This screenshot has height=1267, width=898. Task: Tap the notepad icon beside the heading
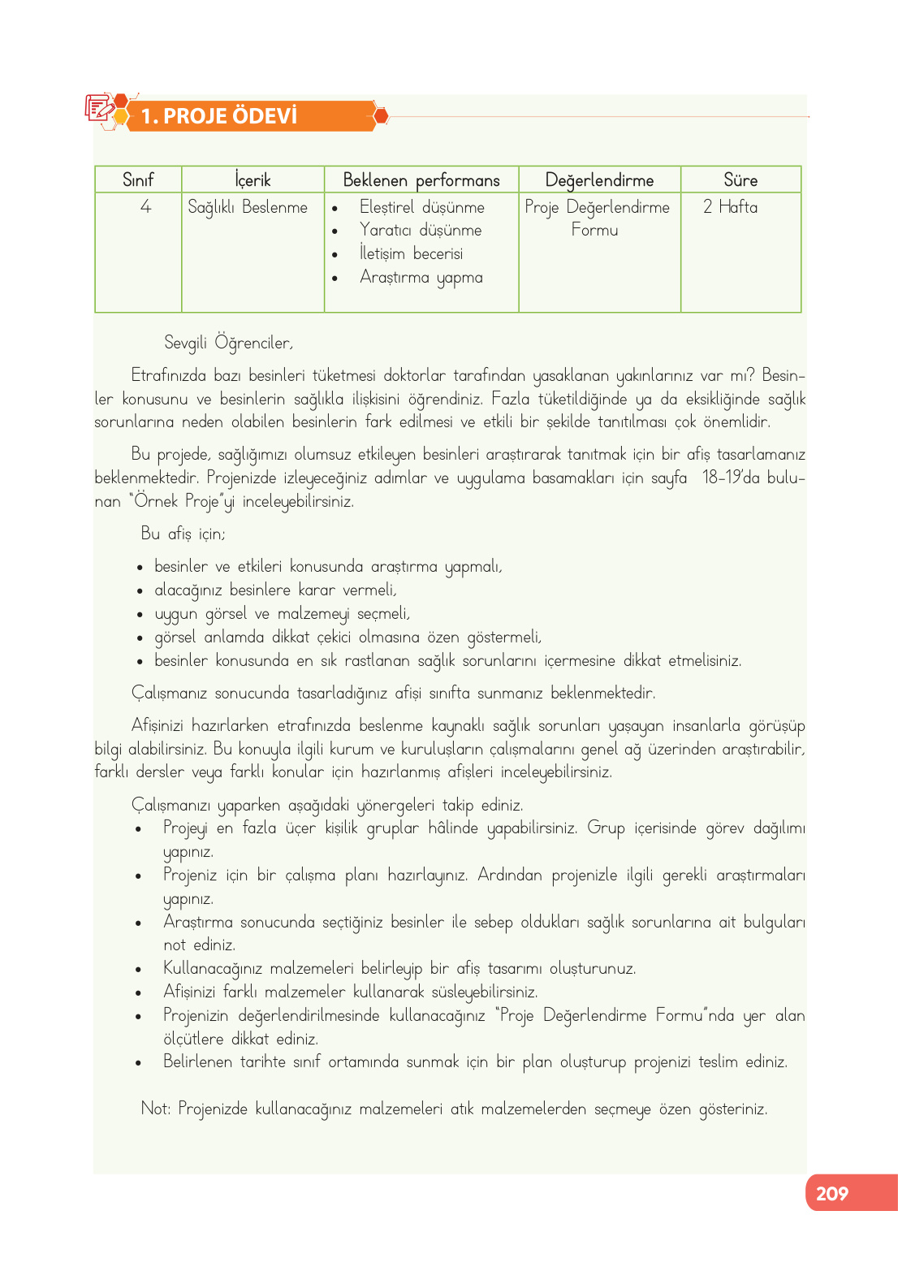click(x=100, y=108)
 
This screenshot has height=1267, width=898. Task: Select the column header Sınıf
click(x=138, y=179)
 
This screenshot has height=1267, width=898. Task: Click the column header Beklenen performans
click(x=421, y=179)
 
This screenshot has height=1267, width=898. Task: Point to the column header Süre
click(x=740, y=179)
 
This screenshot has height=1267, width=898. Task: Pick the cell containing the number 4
click(x=146, y=207)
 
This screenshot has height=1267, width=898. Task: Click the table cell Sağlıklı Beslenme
click(x=248, y=207)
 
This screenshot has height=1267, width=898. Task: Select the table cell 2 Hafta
click(x=730, y=207)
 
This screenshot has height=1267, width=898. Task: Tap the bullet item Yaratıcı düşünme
click(x=421, y=231)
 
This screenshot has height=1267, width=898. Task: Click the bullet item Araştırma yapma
click(x=421, y=278)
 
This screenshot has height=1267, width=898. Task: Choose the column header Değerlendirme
click(x=599, y=179)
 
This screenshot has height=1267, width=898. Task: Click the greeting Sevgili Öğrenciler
click(x=228, y=343)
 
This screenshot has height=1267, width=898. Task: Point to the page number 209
click(x=832, y=1193)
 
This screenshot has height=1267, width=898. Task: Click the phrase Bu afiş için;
click(x=183, y=534)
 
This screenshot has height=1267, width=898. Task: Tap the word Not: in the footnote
click(x=156, y=1109)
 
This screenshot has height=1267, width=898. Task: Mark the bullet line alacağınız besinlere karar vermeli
click(x=275, y=590)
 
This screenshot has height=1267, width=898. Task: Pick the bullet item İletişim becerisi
click(x=411, y=254)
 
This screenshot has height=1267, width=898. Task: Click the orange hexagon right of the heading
click(x=380, y=116)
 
